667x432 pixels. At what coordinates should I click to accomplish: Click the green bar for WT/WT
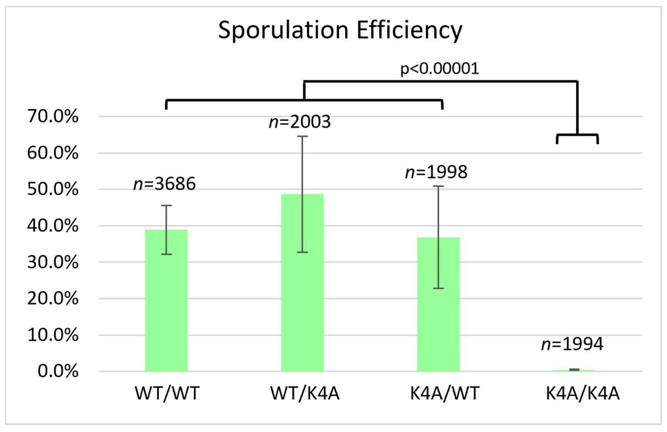[x=166, y=300]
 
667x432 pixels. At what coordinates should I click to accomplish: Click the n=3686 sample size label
[x=164, y=184]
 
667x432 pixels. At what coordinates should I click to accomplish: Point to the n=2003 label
[x=300, y=122]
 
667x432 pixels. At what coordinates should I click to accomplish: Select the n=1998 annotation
[x=436, y=172]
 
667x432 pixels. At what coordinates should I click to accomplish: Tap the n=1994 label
[x=572, y=344]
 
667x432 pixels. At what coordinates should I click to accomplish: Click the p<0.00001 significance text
[x=439, y=69]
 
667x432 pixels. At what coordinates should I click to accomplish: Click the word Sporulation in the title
[x=283, y=30]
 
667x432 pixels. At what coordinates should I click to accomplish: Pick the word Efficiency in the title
[x=409, y=30]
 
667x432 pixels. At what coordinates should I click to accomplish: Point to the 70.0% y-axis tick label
[x=53, y=116]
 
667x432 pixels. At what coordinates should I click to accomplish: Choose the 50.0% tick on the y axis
[x=53, y=189]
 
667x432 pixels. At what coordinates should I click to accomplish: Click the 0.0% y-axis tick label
[x=58, y=371]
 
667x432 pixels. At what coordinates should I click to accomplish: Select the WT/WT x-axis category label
[x=167, y=393]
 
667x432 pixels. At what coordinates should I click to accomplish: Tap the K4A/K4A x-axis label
[x=583, y=393]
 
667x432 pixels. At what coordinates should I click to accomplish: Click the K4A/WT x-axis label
[x=445, y=393]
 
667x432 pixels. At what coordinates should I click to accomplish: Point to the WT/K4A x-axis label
[x=305, y=393]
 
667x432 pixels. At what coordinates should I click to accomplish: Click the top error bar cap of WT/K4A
[x=302, y=136]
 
